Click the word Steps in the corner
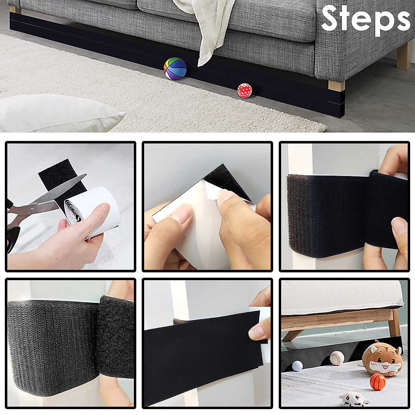[x=365, y=19]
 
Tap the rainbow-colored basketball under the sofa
[x=175, y=68]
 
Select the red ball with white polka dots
[x=245, y=90]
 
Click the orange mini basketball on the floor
[x=377, y=381]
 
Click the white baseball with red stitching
[x=336, y=358]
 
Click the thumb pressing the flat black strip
[x=259, y=330]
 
